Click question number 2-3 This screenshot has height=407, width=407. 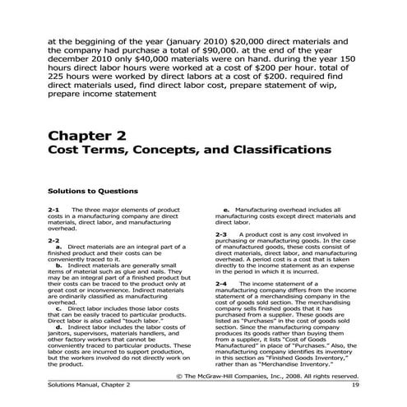pos(221,234)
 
